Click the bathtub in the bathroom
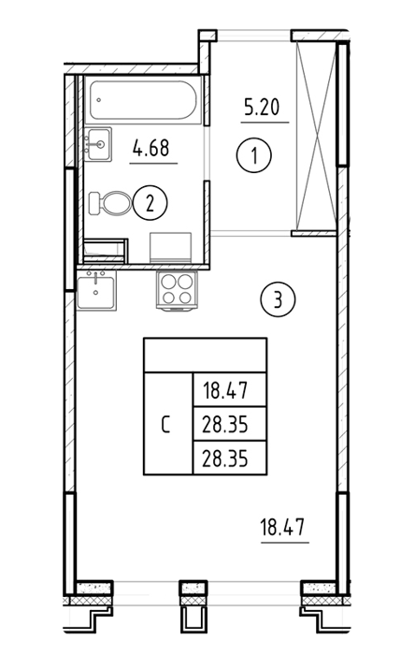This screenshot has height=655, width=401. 143,100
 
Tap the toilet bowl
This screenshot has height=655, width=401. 117,203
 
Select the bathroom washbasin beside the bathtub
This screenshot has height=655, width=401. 97,144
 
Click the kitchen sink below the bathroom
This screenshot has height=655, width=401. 96,289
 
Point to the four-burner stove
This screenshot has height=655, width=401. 177,289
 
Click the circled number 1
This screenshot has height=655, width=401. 254,155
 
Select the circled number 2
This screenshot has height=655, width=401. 150,203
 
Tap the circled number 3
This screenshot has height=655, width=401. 278,299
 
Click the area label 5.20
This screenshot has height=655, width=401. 262,108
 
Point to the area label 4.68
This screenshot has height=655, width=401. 151,148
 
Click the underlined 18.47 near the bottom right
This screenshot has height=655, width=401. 282,527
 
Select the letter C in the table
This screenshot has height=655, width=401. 165,425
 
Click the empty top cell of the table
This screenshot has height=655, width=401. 205,355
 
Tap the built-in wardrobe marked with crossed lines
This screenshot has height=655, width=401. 316,137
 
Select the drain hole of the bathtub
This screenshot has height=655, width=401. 98,100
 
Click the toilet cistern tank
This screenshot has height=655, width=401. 95,203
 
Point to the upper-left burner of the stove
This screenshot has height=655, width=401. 168,283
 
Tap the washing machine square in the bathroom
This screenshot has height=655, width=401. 171,248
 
